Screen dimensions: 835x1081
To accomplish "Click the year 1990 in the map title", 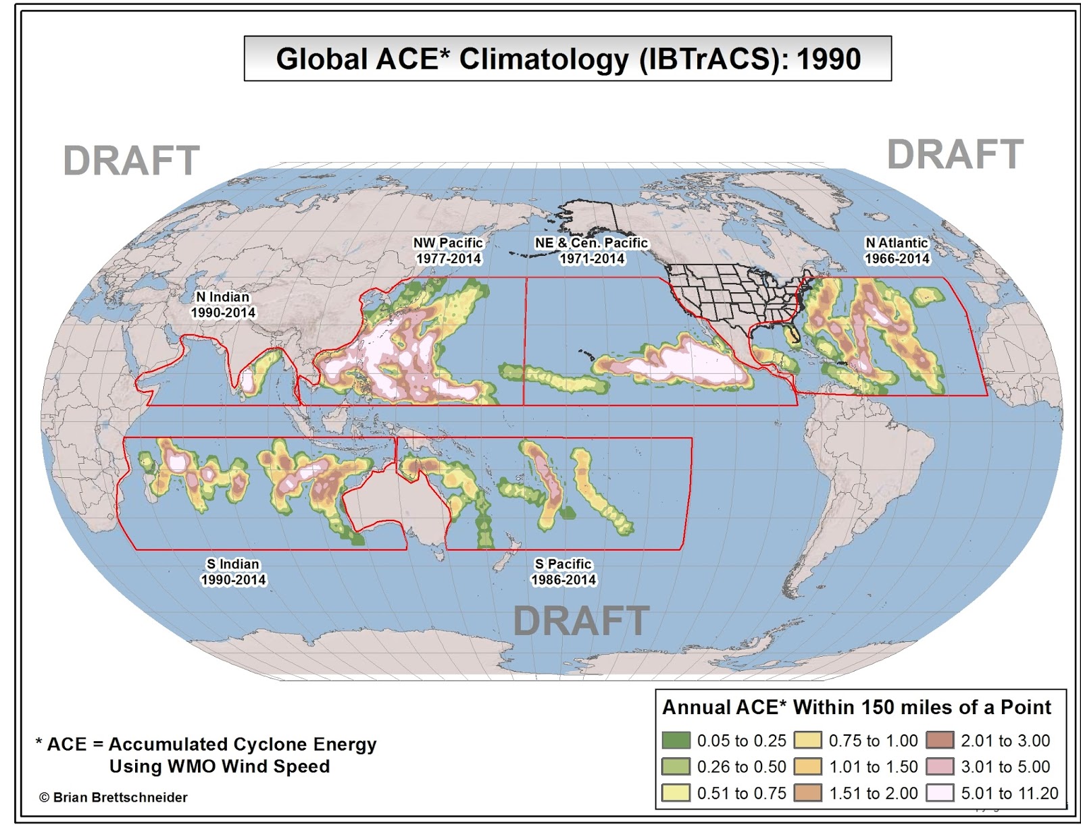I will (x=828, y=59).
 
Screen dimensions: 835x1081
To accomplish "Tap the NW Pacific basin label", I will (x=448, y=243).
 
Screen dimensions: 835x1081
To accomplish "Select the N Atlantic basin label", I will (x=897, y=243).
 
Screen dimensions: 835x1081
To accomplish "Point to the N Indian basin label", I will (x=223, y=297).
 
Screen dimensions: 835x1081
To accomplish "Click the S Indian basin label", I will (x=233, y=564).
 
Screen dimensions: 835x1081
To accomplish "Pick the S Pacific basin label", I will (x=563, y=564).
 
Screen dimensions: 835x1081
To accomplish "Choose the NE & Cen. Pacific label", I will (x=591, y=243).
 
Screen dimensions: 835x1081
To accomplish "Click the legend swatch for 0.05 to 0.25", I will (x=676, y=740).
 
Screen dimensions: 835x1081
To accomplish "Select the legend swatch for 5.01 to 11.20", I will (x=940, y=792).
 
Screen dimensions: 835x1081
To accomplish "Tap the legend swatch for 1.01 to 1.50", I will (x=807, y=767).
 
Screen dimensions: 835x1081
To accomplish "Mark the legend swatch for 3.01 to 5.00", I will (x=940, y=767).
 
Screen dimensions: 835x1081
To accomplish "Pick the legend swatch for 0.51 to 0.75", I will (x=676, y=792).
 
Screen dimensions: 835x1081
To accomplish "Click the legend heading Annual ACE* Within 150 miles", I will (x=856, y=707).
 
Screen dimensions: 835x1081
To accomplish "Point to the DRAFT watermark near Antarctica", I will (x=581, y=621).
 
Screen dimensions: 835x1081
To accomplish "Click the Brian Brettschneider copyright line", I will (x=114, y=797).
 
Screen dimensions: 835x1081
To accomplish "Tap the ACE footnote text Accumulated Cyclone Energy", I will (x=243, y=744).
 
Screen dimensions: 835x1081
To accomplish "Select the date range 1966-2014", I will (x=897, y=259).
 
